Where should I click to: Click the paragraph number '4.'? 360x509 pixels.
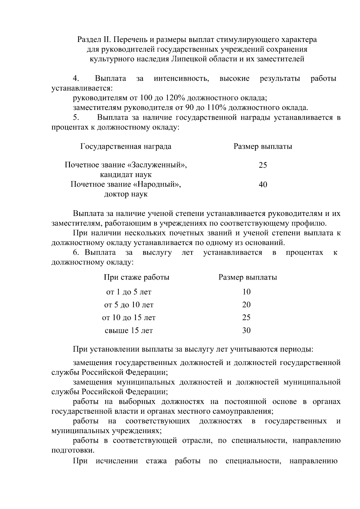(76, 79)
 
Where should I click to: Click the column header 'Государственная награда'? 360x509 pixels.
(126, 146)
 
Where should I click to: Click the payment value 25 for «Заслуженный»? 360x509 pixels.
(263, 165)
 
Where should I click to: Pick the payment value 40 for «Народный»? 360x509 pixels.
(263, 184)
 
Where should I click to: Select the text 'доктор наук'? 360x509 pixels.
(126, 194)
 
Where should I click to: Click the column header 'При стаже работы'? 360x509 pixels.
(136, 277)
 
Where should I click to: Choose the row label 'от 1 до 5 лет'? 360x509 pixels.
(129, 292)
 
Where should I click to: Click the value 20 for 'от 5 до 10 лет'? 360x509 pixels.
(246, 305)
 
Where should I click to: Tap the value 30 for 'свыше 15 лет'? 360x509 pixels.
(246, 331)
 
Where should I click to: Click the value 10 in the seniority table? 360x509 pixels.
(246, 292)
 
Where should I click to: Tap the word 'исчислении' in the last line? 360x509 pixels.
(117, 461)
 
